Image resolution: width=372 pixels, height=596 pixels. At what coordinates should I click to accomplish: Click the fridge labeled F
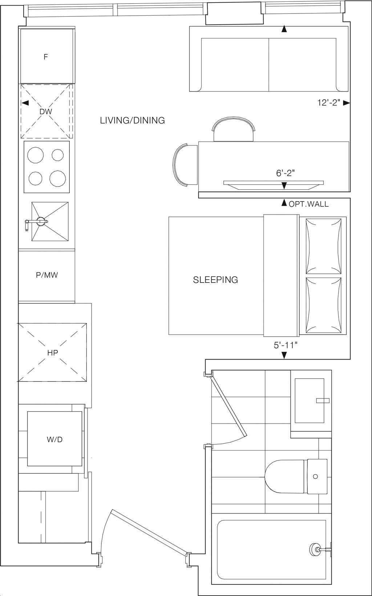click(x=46, y=56)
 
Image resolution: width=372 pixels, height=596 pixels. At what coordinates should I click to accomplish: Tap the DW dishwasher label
click(x=46, y=112)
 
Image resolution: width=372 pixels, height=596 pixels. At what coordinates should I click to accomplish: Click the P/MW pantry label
click(x=47, y=275)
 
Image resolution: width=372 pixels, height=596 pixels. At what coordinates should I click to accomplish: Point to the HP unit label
click(x=53, y=352)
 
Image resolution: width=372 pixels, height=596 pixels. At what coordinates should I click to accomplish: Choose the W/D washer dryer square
click(x=54, y=439)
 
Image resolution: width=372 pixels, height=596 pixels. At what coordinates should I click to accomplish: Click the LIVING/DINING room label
click(x=132, y=120)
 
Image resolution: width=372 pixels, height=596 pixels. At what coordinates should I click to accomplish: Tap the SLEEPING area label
click(x=215, y=280)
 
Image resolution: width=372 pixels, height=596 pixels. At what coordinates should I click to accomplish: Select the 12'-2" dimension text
click(x=328, y=103)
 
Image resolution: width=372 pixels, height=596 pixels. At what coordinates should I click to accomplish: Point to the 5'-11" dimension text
click(x=286, y=345)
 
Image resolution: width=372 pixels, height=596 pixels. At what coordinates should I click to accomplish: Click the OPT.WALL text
click(x=308, y=204)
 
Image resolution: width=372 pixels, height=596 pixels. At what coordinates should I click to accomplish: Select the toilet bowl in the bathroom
click(x=285, y=476)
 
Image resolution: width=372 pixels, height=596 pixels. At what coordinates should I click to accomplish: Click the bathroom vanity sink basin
click(x=309, y=400)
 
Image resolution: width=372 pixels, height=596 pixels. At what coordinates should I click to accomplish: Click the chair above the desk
click(x=234, y=130)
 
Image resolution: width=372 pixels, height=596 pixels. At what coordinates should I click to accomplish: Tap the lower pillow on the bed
click(x=324, y=305)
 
